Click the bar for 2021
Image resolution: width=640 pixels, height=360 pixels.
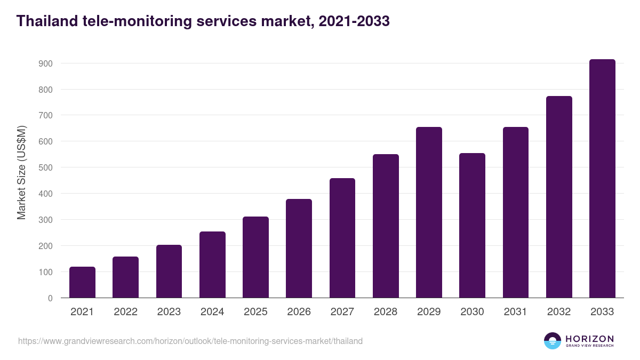click(82, 282)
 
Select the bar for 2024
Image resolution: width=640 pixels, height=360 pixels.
click(212, 265)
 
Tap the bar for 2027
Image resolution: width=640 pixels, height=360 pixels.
click(342, 238)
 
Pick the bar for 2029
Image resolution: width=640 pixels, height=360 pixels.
click(429, 212)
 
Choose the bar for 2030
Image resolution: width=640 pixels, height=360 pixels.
click(472, 225)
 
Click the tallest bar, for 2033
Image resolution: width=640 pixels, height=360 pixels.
click(602, 179)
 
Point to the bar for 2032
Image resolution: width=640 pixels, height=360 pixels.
click(559, 197)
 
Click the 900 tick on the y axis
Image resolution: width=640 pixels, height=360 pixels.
click(45, 63)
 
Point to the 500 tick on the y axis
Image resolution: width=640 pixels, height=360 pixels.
click(45, 167)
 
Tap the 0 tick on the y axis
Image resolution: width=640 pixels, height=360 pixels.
click(50, 298)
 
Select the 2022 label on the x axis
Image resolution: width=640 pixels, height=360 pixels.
click(125, 312)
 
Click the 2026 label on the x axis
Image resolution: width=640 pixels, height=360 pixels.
click(299, 312)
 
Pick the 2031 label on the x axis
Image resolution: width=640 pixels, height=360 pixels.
click(515, 312)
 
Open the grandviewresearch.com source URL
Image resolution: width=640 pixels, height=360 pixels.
click(190, 341)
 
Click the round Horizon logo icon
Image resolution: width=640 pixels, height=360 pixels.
click(552, 341)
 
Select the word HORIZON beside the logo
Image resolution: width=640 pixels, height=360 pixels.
click(589, 339)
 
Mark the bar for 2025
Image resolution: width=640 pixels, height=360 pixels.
click(255, 257)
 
